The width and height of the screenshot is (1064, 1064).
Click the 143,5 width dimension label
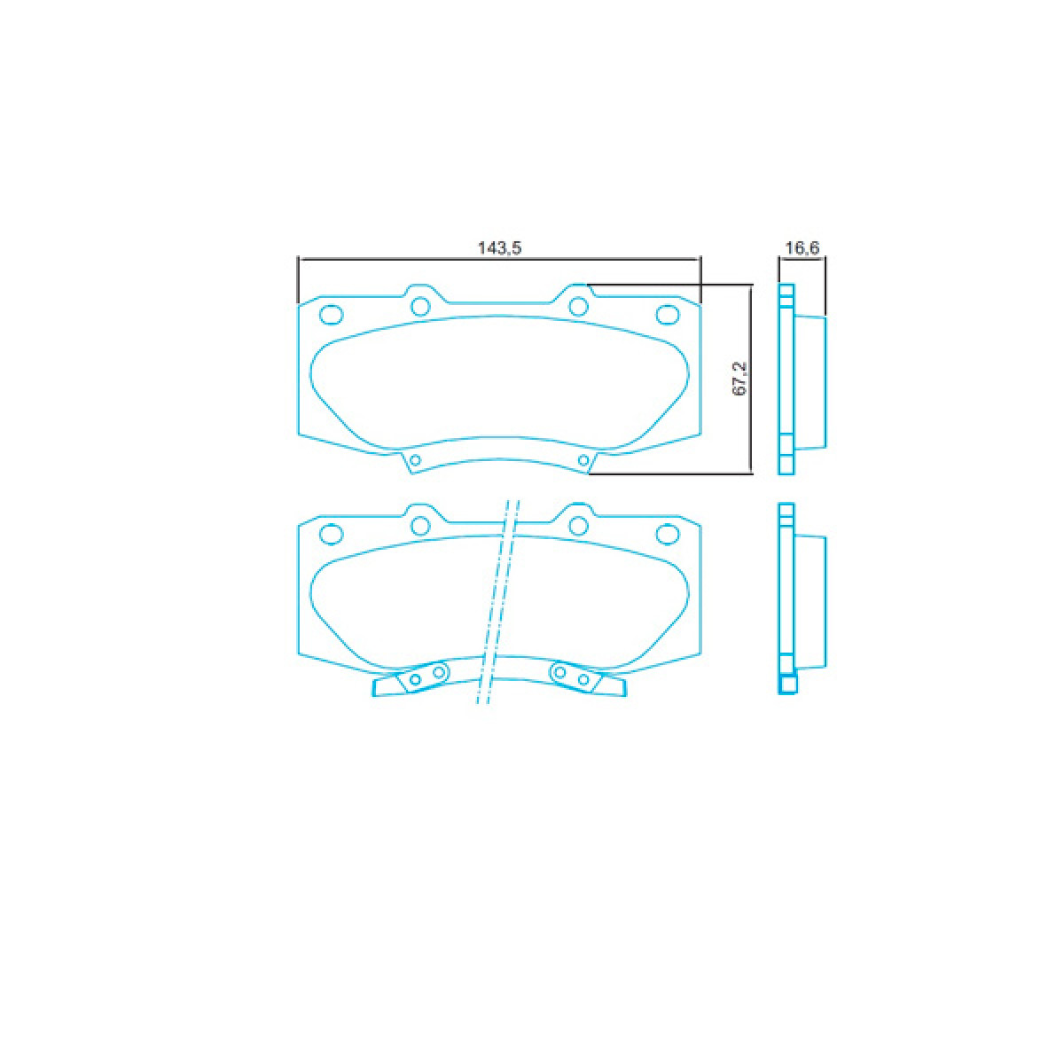(x=499, y=248)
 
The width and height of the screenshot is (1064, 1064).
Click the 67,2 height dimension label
(x=739, y=379)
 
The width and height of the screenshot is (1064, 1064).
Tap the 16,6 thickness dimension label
(x=802, y=248)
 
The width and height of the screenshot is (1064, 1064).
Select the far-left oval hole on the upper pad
(x=332, y=315)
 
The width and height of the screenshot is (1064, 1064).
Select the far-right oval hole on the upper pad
(x=667, y=315)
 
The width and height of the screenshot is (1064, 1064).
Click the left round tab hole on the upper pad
(x=420, y=306)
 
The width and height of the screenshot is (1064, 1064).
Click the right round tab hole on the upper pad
(x=578, y=306)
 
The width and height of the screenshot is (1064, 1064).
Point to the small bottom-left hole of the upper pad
(x=415, y=459)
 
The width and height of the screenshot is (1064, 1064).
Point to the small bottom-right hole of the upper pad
(x=583, y=459)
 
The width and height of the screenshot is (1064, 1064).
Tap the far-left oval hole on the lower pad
(x=332, y=534)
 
